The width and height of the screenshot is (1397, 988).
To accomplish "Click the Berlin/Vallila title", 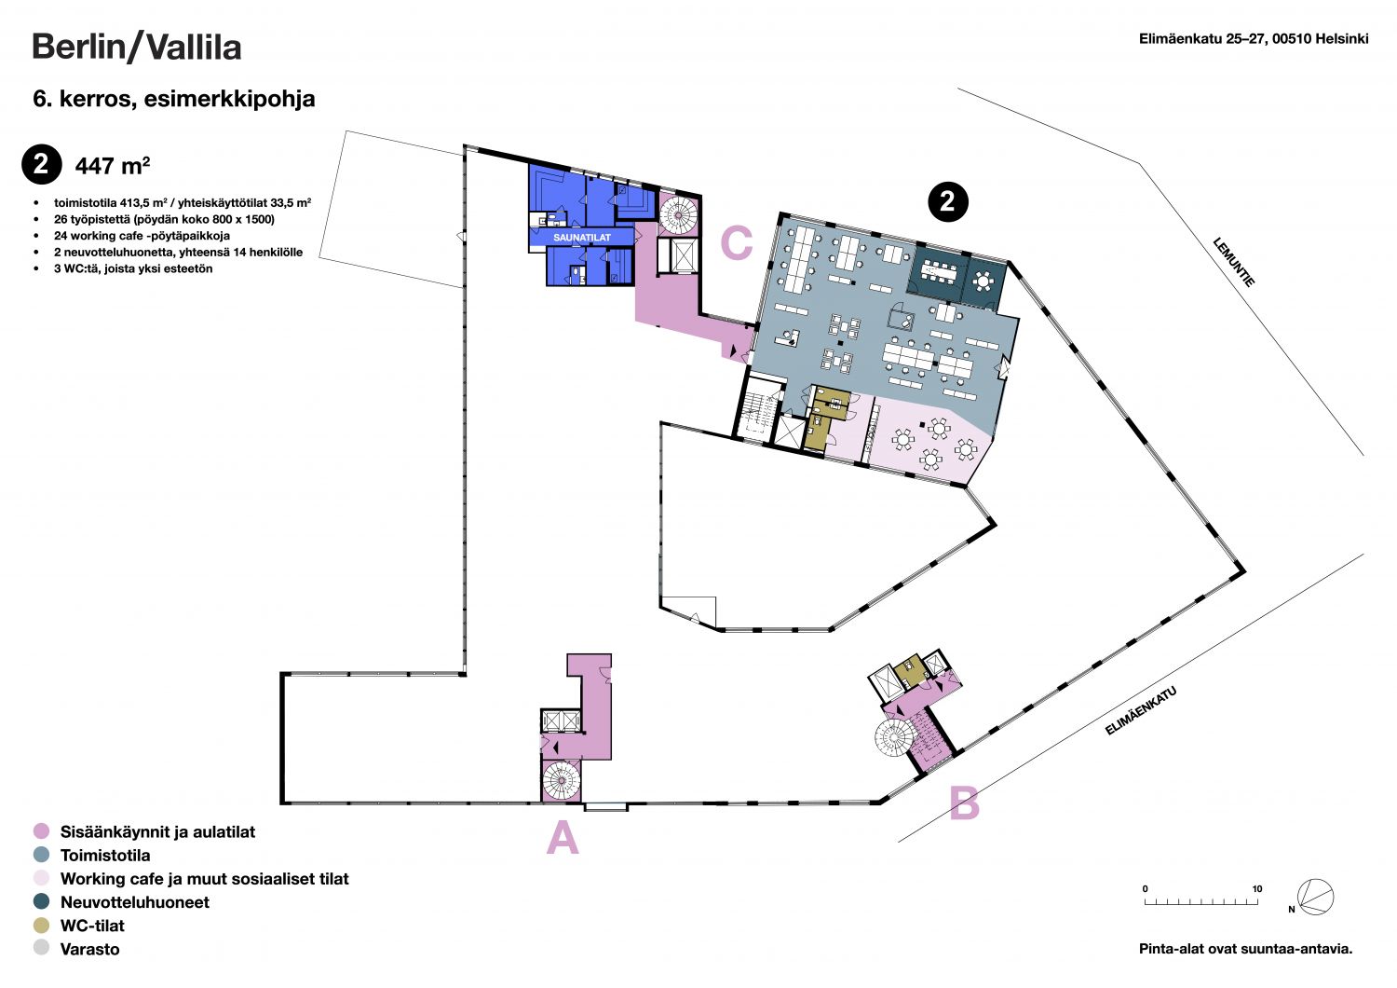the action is point(137,48).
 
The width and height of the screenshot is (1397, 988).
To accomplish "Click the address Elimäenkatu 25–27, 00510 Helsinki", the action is point(1254,39).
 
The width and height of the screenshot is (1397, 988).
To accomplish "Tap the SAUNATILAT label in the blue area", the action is point(582,237).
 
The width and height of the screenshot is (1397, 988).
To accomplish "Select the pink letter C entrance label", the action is point(737,242).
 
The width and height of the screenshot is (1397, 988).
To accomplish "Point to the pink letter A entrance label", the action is point(563,838).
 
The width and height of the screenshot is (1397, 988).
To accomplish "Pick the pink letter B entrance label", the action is point(964,803).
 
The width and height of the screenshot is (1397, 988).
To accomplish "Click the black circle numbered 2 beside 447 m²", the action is point(42,164).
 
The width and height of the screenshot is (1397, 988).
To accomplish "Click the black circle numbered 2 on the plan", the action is point(948,201).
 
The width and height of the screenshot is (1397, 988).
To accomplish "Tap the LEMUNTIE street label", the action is point(1234,262).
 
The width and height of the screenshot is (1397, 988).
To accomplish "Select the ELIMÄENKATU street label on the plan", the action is point(1141,711).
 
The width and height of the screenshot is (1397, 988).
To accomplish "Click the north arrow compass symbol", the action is point(1315,897).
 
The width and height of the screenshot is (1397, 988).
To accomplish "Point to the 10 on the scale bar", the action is point(1256,889).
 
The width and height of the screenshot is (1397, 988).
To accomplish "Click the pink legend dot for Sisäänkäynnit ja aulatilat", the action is point(41,831).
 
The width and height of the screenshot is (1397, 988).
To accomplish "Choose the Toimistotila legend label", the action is point(105,855).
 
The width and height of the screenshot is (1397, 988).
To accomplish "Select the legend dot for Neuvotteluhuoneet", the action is point(41,901).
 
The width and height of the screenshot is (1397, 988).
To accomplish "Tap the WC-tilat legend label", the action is point(92,926).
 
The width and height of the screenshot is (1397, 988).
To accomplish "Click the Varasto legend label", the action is point(89,949).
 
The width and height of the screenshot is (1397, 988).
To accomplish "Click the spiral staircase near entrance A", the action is point(562,780).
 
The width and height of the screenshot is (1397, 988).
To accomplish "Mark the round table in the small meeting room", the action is point(983,281).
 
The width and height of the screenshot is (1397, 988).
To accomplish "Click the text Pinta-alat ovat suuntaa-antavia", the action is point(1245,949).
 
